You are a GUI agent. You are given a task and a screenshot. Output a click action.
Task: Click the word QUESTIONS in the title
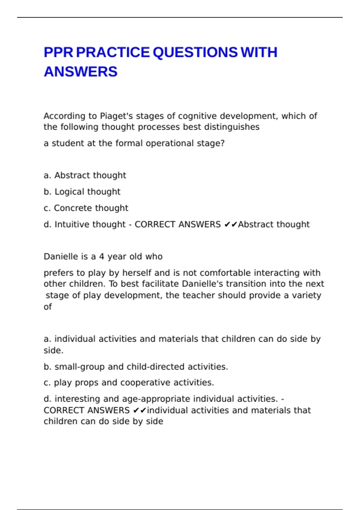[195, 52]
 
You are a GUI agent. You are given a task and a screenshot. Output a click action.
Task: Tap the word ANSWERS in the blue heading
[80, 72]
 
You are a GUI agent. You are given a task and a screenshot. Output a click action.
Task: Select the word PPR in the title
[58, 52]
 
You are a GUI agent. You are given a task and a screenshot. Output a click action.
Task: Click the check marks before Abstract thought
[231, 224]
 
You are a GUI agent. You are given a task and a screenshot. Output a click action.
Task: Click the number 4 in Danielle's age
[102, 257]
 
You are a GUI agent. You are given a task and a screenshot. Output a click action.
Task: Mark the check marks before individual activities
[139, 410]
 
